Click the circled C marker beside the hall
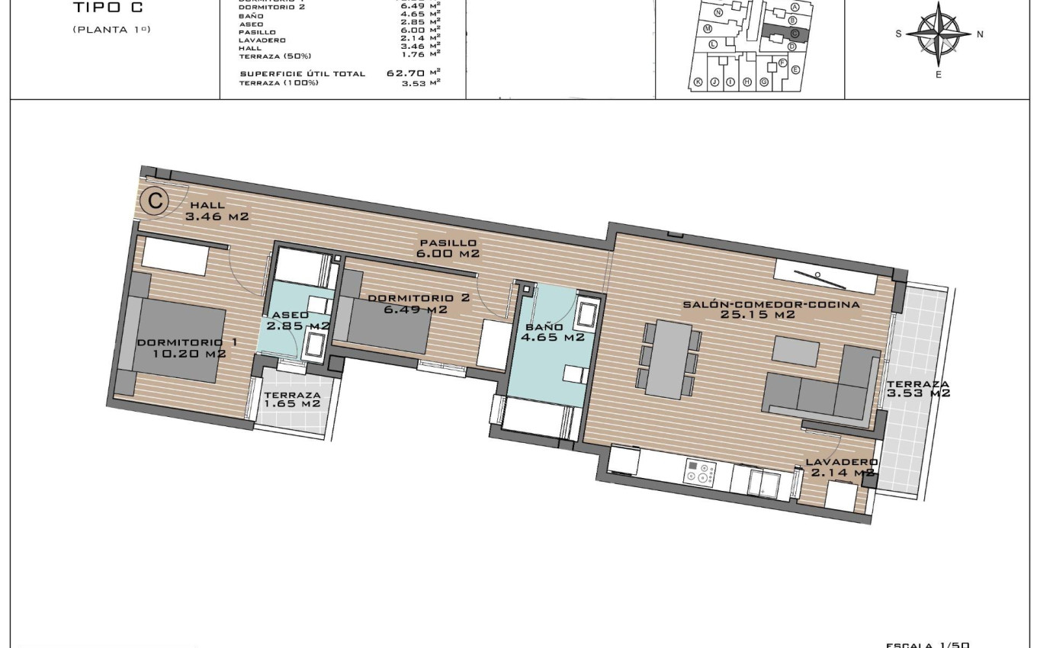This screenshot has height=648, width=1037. pos(155,201)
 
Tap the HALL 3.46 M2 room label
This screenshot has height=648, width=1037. pos(217,211)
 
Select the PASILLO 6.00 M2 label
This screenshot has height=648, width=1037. pos(448,249)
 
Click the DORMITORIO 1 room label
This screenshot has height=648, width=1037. pos(186,348)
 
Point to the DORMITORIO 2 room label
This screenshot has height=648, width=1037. pos(419,303)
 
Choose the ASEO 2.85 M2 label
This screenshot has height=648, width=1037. pos(297,320)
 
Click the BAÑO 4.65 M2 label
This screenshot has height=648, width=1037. pos(554,332)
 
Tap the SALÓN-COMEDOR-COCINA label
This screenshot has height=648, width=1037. pos(771,309)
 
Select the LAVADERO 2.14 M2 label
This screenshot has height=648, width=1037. pos(841,467)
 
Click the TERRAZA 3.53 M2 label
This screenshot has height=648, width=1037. pos(918,389)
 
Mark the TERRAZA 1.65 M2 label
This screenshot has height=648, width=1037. pos(293,399)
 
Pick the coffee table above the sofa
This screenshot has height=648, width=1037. pos(795,350)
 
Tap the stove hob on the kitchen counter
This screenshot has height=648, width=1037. pos(700,473)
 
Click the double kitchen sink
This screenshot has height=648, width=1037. pos(763,483)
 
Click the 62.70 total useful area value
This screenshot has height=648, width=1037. pos(406,73)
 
